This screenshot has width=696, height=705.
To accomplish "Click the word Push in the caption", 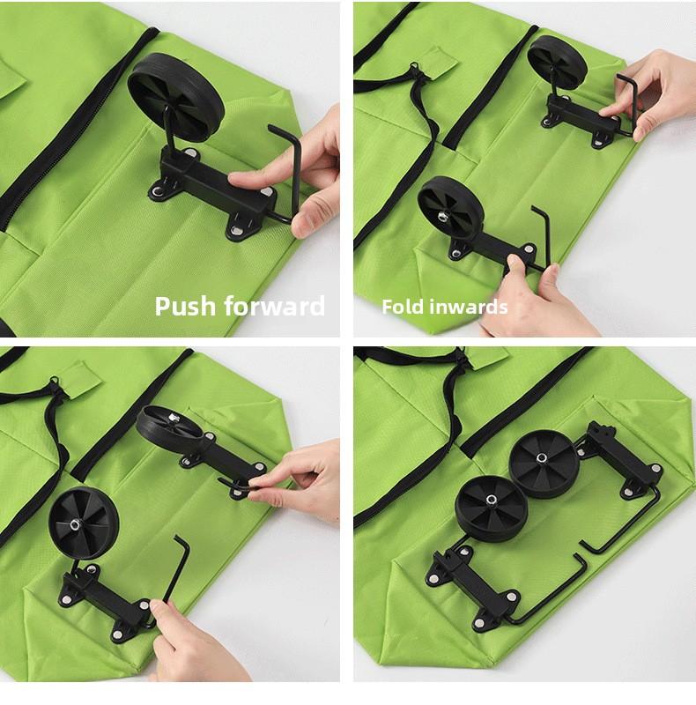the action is pos(185,307).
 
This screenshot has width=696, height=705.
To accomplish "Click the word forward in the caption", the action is pos(274,306).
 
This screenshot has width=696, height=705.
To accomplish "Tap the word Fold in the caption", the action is pos(403,307).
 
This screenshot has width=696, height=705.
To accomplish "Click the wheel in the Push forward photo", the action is pos(175,98).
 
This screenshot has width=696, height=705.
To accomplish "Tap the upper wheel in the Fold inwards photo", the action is pos(557,63).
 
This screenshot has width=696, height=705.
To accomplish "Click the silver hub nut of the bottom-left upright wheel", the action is pos(73,523).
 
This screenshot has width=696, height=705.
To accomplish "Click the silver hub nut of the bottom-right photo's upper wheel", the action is pos(542,458).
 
